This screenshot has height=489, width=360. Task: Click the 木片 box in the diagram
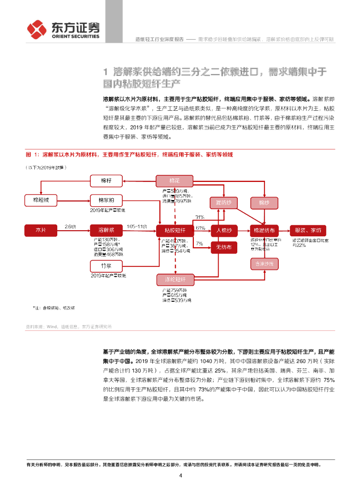click(x=41, y=231)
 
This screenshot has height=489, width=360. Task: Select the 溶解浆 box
click(x=106, y=231)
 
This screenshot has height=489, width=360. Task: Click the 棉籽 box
click(x=106, y=181)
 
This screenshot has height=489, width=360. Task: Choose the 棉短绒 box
click(x=41, y=200)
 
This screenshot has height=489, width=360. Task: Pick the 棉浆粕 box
click(x=106, y=200)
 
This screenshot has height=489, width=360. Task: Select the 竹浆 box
click(x=106, y=266)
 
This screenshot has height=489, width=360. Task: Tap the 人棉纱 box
click(x=223, y=231)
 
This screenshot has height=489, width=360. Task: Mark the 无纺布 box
click(x=223, y=247)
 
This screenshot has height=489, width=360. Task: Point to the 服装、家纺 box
click(x=307, y=231)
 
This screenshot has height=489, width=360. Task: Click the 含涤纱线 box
click(x=265, y=264)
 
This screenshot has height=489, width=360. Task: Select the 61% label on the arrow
click(x=201, y=228)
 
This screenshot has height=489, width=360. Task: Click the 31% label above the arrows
click(x=200, y=217)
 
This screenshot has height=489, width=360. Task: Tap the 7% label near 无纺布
click(x=199, y=244)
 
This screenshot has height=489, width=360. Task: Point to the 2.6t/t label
click(x=70, y=226)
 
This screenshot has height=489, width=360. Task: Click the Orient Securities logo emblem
click(x=36, y=29)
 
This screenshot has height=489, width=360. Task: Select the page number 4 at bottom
click(x=180, y=476)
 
